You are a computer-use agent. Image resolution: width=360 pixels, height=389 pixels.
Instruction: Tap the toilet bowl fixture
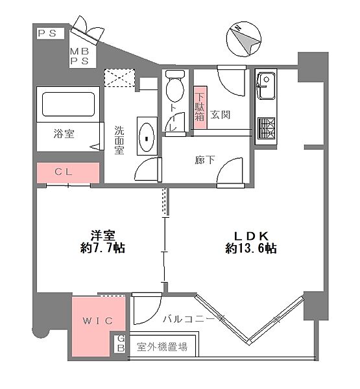tap(174, 87)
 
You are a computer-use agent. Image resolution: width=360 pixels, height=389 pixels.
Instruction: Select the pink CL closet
tap(67, 172)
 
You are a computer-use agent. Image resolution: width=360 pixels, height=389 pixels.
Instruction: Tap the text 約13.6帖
tap(251, 248)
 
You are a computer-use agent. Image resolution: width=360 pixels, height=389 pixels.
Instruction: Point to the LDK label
tap(251, 234)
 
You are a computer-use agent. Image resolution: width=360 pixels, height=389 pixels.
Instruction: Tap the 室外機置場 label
tap(162, 347)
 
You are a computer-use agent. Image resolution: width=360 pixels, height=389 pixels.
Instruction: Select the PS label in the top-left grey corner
tap(46, 33)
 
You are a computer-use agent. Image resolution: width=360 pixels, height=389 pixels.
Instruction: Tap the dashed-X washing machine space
tap(121, 78)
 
